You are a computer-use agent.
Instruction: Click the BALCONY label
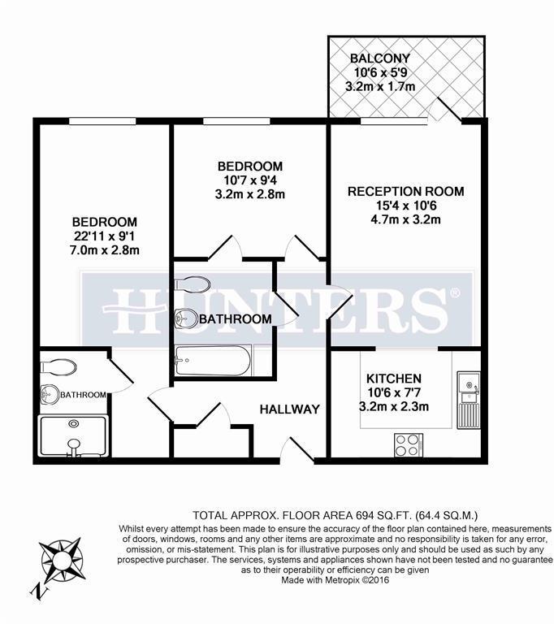(x=379, y=58)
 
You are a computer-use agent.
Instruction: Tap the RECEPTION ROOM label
(x=405, y=192)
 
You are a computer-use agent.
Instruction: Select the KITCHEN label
(x=393, y=379)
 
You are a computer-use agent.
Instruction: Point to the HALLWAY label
(x=289, y=409)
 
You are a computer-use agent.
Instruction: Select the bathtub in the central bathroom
(x=212, y=358)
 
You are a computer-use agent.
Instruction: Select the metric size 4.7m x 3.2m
(x=405, y=219)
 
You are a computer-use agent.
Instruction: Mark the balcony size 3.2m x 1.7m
(x=381, y=85)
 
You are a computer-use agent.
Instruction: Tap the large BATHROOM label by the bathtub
(x=235, y=319)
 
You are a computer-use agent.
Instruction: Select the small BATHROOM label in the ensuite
(x=84, y=395)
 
